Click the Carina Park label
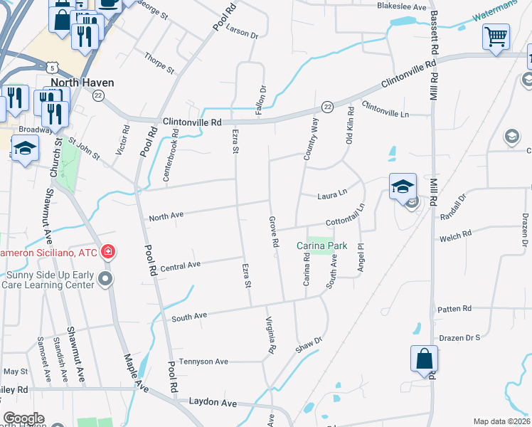[322, 246]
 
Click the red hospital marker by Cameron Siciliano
[107, 252]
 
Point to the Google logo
[23, 418]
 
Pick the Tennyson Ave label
[203, 362]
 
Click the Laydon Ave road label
[213, 403]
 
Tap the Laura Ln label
[332, 193]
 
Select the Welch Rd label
[456, 234]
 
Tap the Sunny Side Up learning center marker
[106, 278]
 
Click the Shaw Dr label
[309, 345]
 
